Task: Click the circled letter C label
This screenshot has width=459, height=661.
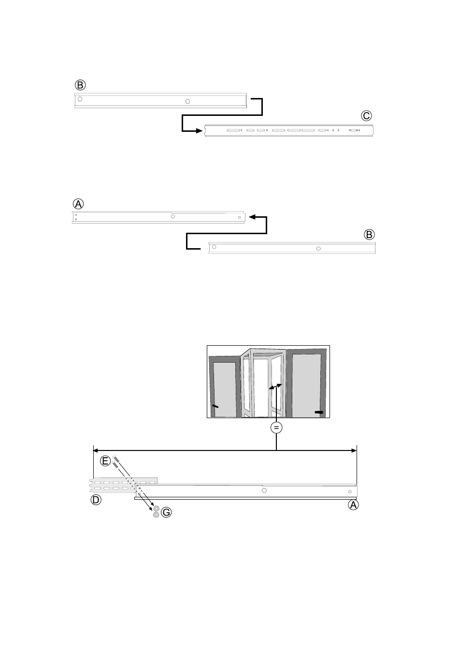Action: point(366,116)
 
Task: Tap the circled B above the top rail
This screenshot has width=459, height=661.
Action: point(80,85)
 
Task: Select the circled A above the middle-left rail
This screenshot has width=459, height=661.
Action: point(78,204)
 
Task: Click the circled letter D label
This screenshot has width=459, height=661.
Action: point(96,500)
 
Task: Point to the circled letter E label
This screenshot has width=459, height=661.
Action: point(105,461)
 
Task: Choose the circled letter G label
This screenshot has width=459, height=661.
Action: point(166,512)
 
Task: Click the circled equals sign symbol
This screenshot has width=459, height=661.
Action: point(276,428)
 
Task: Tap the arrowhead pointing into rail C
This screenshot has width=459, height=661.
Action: point(200,130)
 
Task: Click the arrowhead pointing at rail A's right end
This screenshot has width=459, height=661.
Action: point(252,217)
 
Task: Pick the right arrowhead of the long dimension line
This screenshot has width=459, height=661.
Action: point(354,450)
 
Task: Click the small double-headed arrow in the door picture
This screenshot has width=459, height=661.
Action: point(275,387)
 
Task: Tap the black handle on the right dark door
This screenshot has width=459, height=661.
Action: point(319,412)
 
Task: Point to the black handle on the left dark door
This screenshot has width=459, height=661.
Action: point(215,407)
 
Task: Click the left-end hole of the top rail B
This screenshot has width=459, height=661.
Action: point(80,99)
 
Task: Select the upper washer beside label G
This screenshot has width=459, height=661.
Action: point(156,508)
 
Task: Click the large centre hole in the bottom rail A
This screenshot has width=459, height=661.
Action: point(264,491)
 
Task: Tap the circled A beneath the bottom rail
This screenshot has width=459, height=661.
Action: point(353,505)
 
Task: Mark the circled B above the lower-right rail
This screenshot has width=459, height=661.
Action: point(369,235)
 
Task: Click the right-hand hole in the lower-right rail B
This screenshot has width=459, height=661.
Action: point(318,249)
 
